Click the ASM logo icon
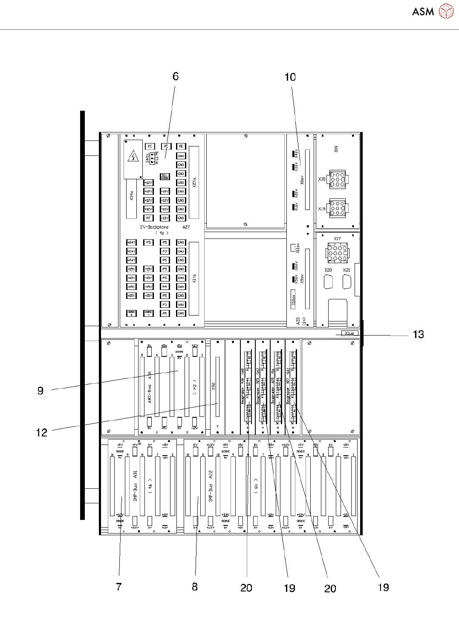click(x=446, y=11)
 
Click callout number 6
click(x=176, y=77)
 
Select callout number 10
click(x=290, y=77)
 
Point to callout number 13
click(x=418, y=335)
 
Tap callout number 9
click(x=40, y=391)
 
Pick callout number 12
click(x=42, y=433)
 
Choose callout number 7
click(x=119, y=587)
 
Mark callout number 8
click(x=195, y=587)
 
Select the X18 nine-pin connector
click(x=338, y=179)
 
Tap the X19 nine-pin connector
click(x=338, y=209)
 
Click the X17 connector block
click(x=337, y=253)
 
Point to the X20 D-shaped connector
click(x=329, y=282)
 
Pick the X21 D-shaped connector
click(x=347, y=282)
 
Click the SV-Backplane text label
click(x=154, y=227)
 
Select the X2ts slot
click(x=194, y=182)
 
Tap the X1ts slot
click(x=194, y=278)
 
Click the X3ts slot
click(x=131, y=199)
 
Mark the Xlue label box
click(x=349, y=333)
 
